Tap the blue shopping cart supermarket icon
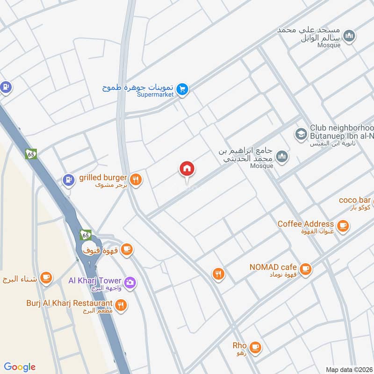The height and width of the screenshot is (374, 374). click(183, 88)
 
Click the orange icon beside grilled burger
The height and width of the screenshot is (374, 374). click(136, 180)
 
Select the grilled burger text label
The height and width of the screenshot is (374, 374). click(103, 178)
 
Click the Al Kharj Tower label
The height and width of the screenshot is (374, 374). click(95, 280)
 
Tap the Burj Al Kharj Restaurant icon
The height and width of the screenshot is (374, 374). click(121, 305)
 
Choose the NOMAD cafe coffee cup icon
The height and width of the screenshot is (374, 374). click(305, 269)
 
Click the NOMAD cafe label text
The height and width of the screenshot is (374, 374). click(273, 267)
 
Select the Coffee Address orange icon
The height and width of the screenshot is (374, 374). click(343, 226)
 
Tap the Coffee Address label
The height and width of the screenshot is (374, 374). click(306, 224)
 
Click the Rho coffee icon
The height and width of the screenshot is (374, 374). click(255, 347)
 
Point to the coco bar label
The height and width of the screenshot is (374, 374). click(355, 200)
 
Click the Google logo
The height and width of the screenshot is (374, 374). click(20, 367)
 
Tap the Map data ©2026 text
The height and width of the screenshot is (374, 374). click(348, 369)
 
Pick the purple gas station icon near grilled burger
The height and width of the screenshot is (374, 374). click(69, 180)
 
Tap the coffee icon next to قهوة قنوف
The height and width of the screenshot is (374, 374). click(126, 250)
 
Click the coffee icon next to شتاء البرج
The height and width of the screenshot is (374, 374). click(45, 279)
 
